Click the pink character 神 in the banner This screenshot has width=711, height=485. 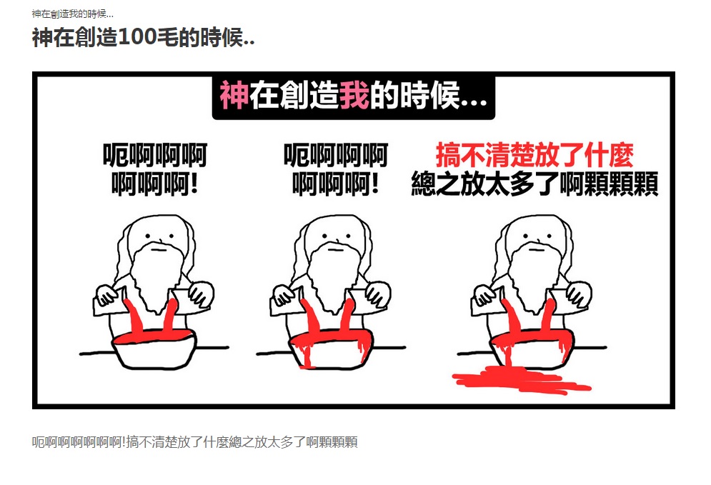coord(234,96)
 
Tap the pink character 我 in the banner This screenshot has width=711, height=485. coord(354,96)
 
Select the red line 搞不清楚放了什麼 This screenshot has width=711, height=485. coord(535,156)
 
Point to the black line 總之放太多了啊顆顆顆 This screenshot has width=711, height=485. coord(535,184)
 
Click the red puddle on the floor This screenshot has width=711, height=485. coord(522,380)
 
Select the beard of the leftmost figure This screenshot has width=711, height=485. coord(156,276)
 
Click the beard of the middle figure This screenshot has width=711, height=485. coord(334,276)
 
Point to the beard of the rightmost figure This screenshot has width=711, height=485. coord(535,276)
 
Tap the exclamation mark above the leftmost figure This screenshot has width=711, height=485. coord(194,184)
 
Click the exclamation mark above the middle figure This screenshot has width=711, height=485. coord(374,184)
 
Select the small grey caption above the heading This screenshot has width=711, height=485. coord(73,14)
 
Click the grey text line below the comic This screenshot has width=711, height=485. coord(194,442)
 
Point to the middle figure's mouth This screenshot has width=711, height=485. coord(336,249)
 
